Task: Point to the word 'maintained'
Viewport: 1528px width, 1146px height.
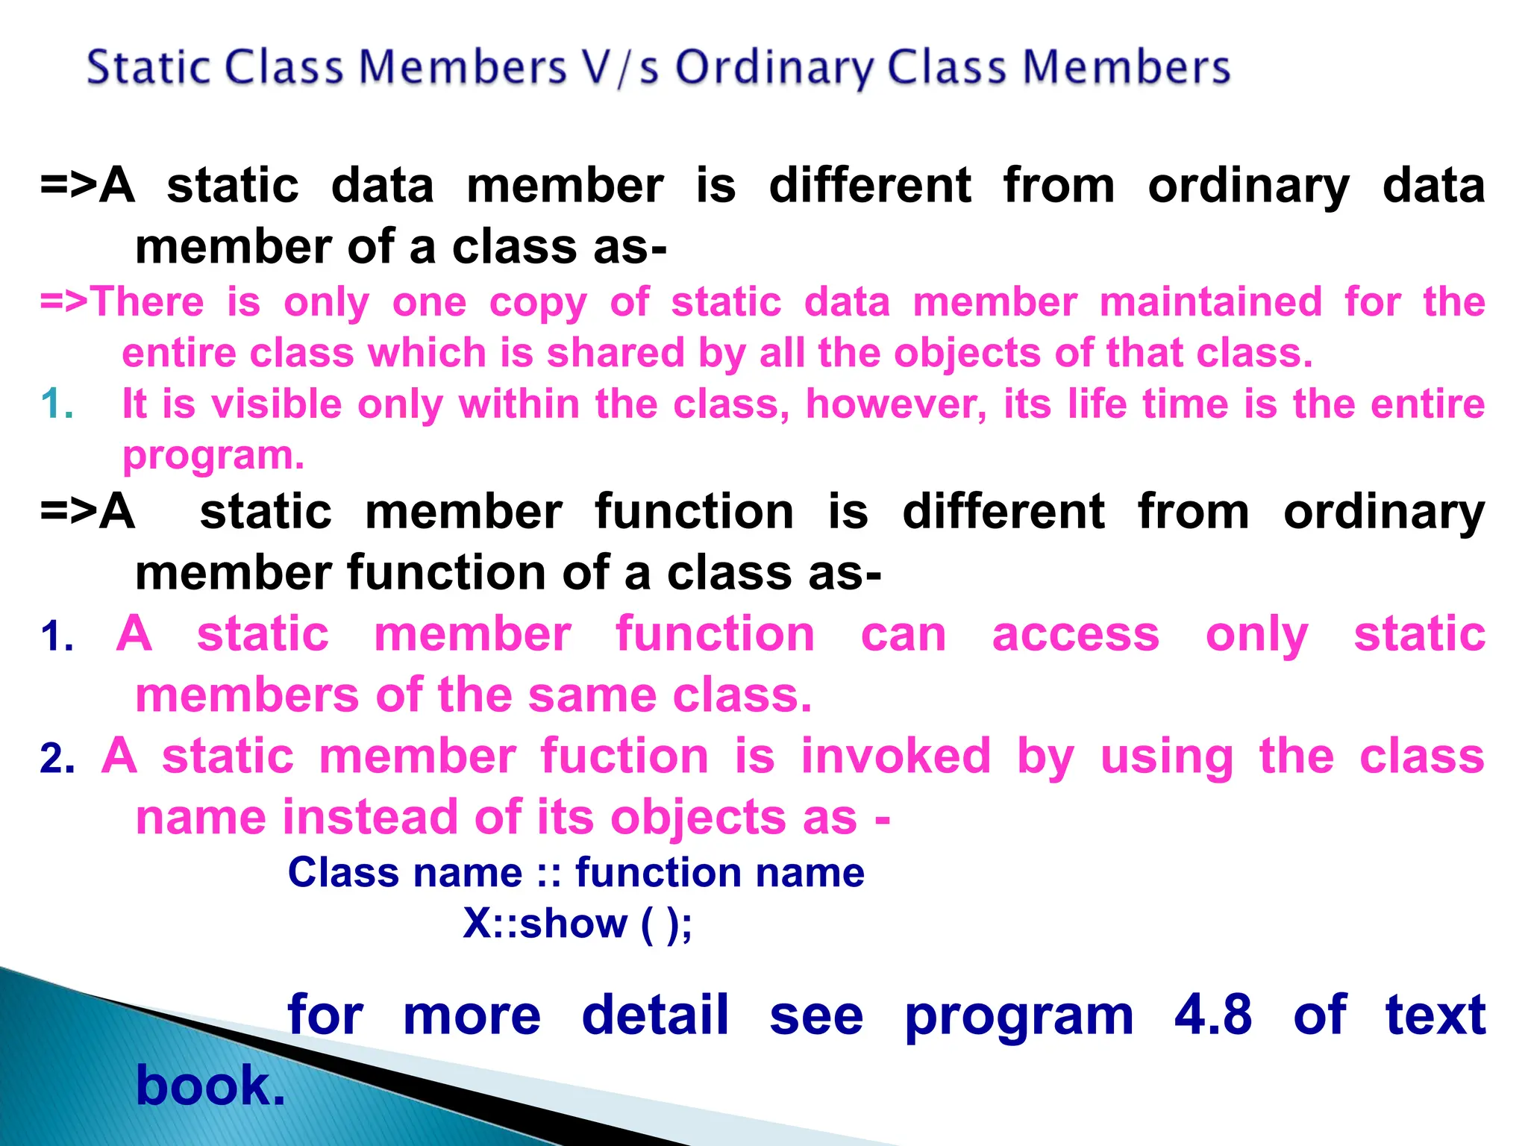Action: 1210,302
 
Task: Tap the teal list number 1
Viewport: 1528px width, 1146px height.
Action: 57,404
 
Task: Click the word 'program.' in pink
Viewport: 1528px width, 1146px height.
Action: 213,456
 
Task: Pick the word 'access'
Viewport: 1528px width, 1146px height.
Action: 1075,634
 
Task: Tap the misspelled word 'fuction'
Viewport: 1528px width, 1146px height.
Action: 624,757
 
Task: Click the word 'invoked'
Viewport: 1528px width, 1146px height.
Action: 895,757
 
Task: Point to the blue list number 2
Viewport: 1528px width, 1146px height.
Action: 57,759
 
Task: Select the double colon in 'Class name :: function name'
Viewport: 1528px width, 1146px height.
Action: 548,873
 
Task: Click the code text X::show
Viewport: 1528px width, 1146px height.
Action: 545,924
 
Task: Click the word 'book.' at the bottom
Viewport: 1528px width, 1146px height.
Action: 210,1086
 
